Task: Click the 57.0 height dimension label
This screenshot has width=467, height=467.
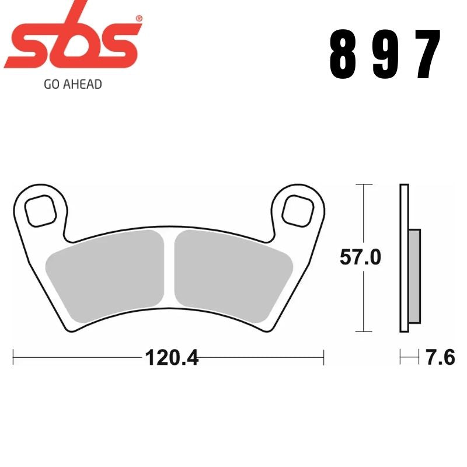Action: [x=360, y=257]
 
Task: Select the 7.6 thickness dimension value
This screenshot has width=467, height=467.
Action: [x=440, y=357]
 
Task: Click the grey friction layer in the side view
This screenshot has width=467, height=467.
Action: [x=414, y=277]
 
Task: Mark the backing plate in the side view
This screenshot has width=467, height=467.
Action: [x=404, y=257]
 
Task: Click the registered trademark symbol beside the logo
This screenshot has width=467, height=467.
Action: [x=138, y=19]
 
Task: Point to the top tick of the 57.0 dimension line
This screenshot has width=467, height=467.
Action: [x=364, y=184]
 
